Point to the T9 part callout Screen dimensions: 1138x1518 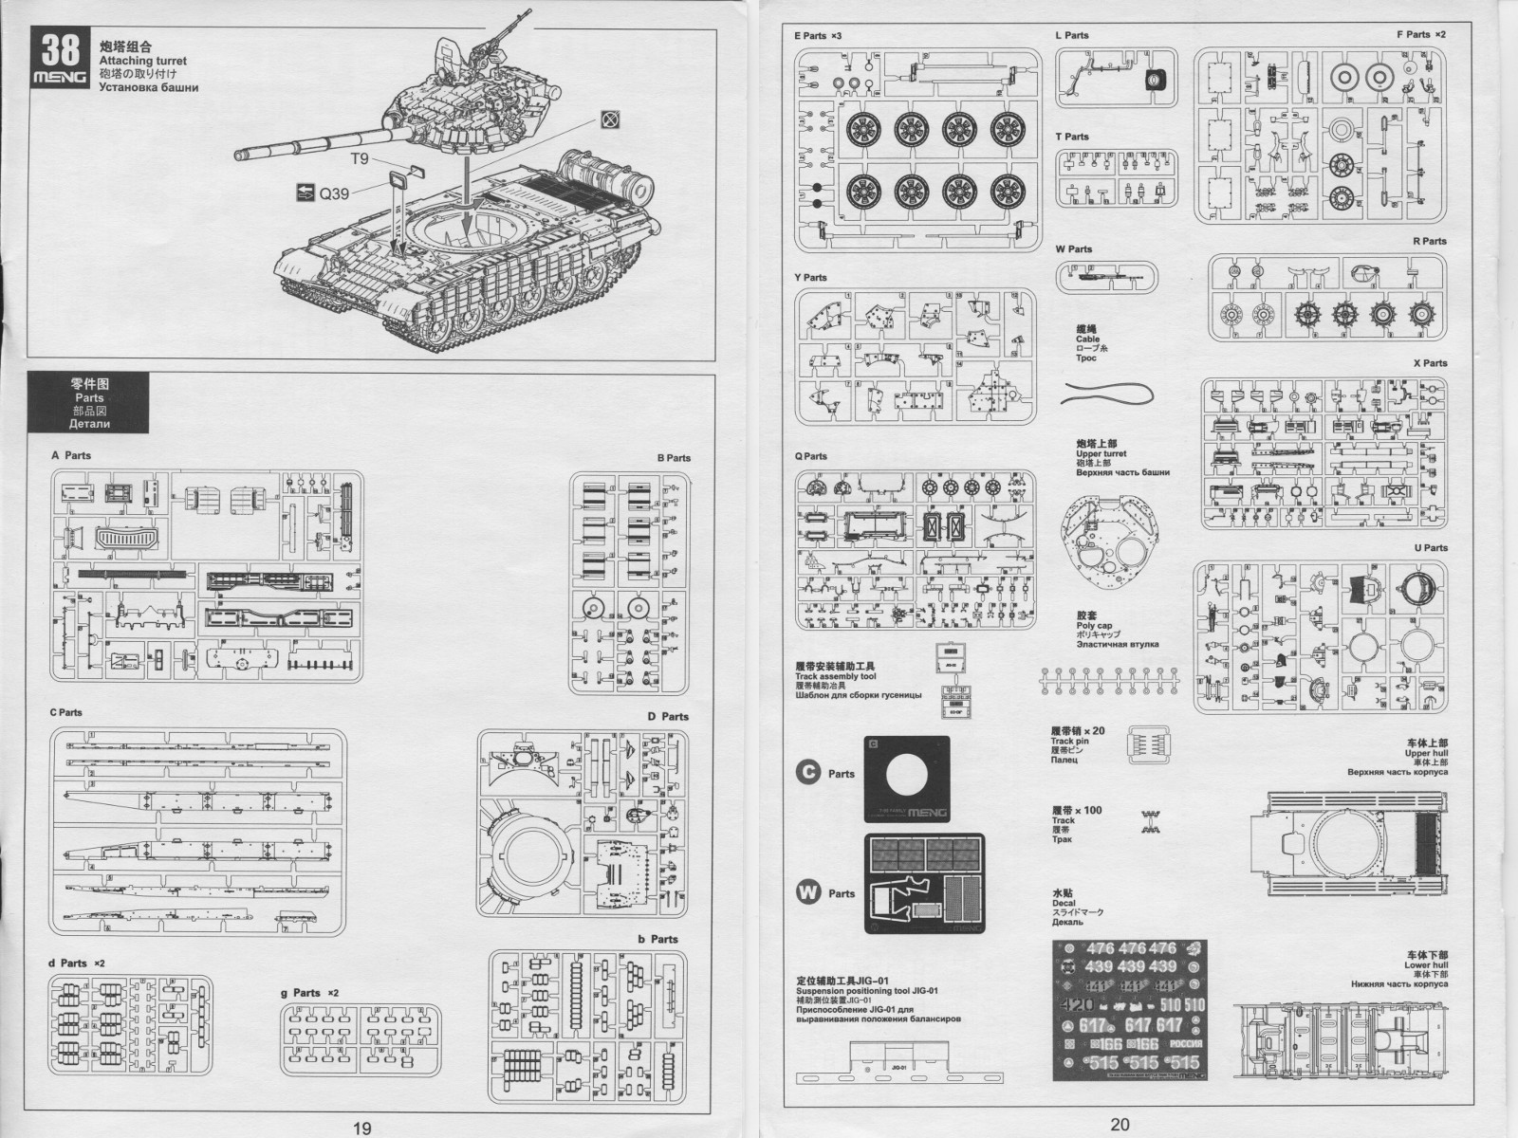tap(360, 158)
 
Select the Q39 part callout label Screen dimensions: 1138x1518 tap(333, 193)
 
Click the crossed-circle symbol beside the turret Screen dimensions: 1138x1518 tap(611, 119)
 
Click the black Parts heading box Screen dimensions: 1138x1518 tap(90, 403)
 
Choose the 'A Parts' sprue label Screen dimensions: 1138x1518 tap(71, 455)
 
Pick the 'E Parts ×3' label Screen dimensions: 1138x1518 tap(818, 36)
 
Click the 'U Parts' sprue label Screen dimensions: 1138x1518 tap(1430, 548)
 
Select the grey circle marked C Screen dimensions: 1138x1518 tap(807, 773)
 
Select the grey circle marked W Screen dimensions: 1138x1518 tap(807, 892)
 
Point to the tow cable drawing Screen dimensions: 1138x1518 tap(1108, 395)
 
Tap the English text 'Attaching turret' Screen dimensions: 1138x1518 tap(142, 61)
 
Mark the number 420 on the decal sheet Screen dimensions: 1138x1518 tap(1079, 1005)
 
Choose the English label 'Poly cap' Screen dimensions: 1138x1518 tap(1094, 626)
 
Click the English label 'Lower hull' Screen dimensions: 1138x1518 tap(1426, 965)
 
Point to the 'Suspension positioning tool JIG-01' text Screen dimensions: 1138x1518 tap(867, 991)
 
